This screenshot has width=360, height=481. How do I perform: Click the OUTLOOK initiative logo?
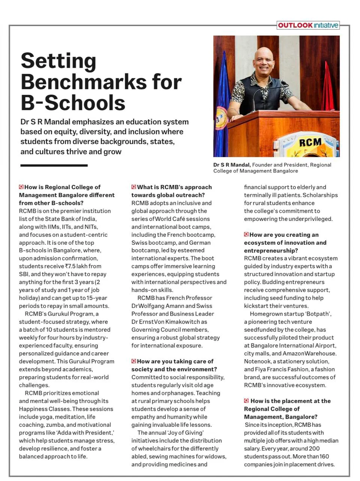coord(308,25)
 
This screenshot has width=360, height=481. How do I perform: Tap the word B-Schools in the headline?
coord(73,103)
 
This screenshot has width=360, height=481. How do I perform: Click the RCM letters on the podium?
coord(310,142)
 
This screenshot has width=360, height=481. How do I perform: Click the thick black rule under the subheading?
coord(54,165)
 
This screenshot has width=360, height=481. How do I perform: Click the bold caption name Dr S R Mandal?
coord(232,165)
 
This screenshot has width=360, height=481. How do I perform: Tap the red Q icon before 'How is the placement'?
coord(246,401)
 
